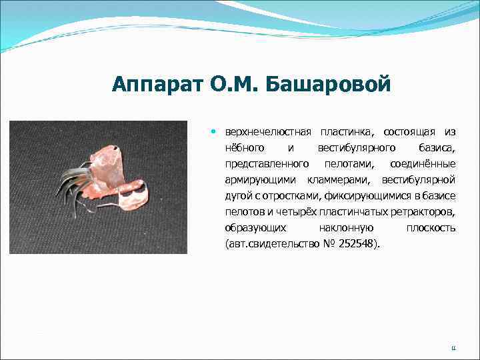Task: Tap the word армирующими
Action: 262,180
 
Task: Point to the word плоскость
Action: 431,228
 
